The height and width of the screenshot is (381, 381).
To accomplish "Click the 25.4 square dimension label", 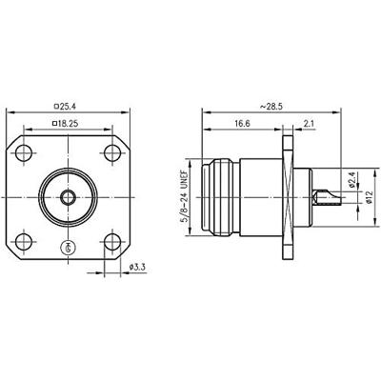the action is click(65, 107).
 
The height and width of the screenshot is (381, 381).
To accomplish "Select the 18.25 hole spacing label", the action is click(65, 124).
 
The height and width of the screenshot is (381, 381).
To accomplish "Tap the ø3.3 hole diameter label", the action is click(137, 268).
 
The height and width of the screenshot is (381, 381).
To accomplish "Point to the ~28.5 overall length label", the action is click(271, 107).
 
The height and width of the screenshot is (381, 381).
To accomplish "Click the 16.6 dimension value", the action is click(242, 124).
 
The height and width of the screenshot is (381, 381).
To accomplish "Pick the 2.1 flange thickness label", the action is click(309, 124).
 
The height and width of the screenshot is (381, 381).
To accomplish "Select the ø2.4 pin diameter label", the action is click(351, 181).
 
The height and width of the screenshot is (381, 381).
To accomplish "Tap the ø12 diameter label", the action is click(369, 197).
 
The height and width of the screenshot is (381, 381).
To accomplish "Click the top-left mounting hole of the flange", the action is click(24, 153).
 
